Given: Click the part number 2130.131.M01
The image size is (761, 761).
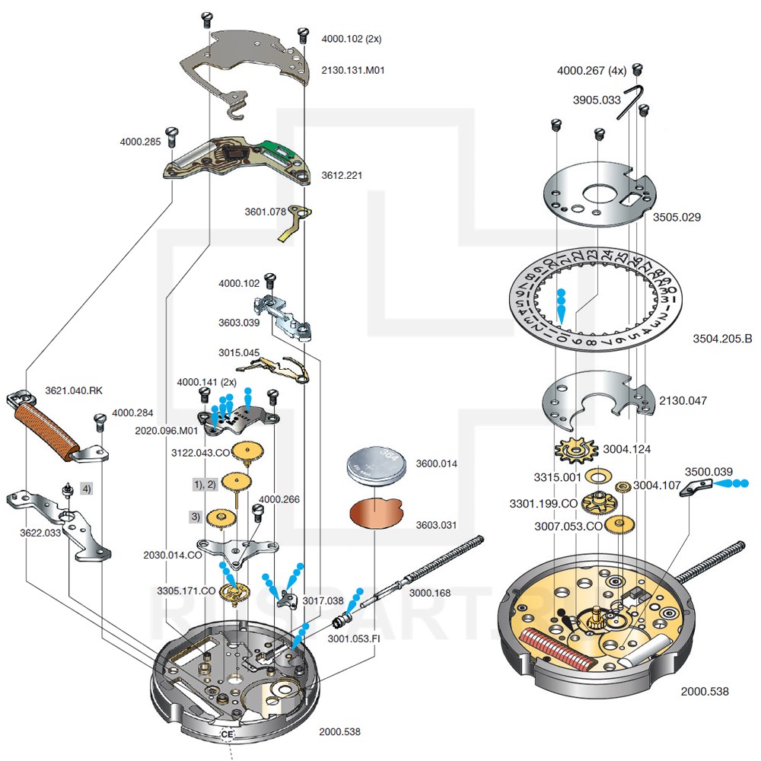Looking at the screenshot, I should (x=354, y=70).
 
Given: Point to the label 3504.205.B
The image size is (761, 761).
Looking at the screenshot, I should (x=722, y=338).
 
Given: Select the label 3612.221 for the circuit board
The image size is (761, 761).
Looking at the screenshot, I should (x=342, y=175).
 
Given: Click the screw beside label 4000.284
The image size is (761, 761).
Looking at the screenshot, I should (x=98, y=420).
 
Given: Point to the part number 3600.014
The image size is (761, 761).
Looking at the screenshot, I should (x=438, y=463).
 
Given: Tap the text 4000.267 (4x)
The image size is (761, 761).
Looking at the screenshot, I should (x=591, y=70).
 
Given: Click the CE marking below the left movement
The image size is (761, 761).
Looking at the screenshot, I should (x=227, y=734).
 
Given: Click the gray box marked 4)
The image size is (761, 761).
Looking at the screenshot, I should (x=87, y=489).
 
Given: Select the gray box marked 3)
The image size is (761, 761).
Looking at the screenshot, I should (x=196, y=517).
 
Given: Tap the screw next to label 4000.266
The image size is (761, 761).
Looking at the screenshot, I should (x=257, y=516).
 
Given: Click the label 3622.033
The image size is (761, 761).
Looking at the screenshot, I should (x=40, y=533).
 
